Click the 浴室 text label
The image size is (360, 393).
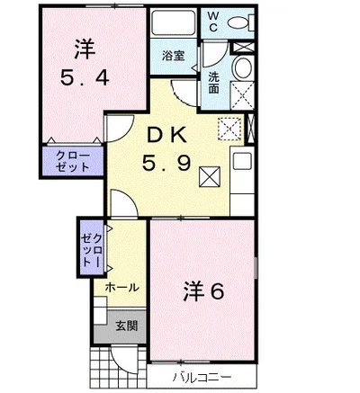(x=174, y=54)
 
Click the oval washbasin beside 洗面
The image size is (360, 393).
(x=243, y=69)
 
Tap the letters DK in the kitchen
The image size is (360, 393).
(x=168, y=137)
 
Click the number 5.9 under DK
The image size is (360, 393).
(x=168, y=165)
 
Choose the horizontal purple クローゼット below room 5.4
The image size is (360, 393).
(x=72, y=162)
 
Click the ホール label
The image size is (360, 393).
(x=121, y=288)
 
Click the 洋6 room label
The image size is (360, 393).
(x=204, y=292)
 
